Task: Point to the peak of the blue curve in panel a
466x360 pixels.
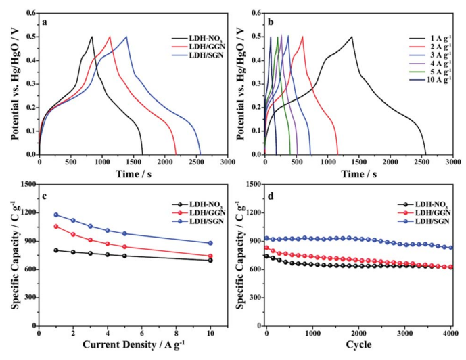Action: point(126,37)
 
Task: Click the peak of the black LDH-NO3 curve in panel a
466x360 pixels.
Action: point(92,37)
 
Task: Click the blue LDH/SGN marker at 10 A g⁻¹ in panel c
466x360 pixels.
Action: point(210,243)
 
